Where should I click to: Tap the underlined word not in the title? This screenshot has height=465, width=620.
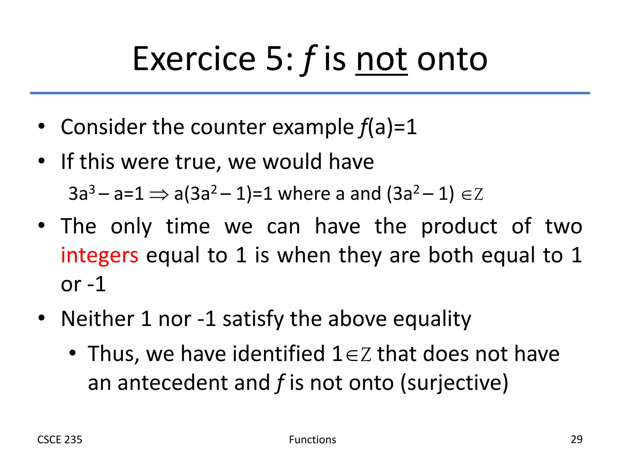[381, 59]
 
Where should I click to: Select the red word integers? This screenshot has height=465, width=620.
[100, 255]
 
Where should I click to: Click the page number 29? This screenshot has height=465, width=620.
[576, 439]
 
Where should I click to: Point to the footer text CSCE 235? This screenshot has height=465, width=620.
[60, 440]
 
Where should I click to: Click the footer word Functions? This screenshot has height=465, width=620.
[312, 440]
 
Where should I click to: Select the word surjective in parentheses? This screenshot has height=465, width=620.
[454, 383]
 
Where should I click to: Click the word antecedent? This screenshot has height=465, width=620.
[172, 383]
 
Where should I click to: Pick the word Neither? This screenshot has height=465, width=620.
[97, 319]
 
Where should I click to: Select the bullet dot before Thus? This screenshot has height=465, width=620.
[72, 353]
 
